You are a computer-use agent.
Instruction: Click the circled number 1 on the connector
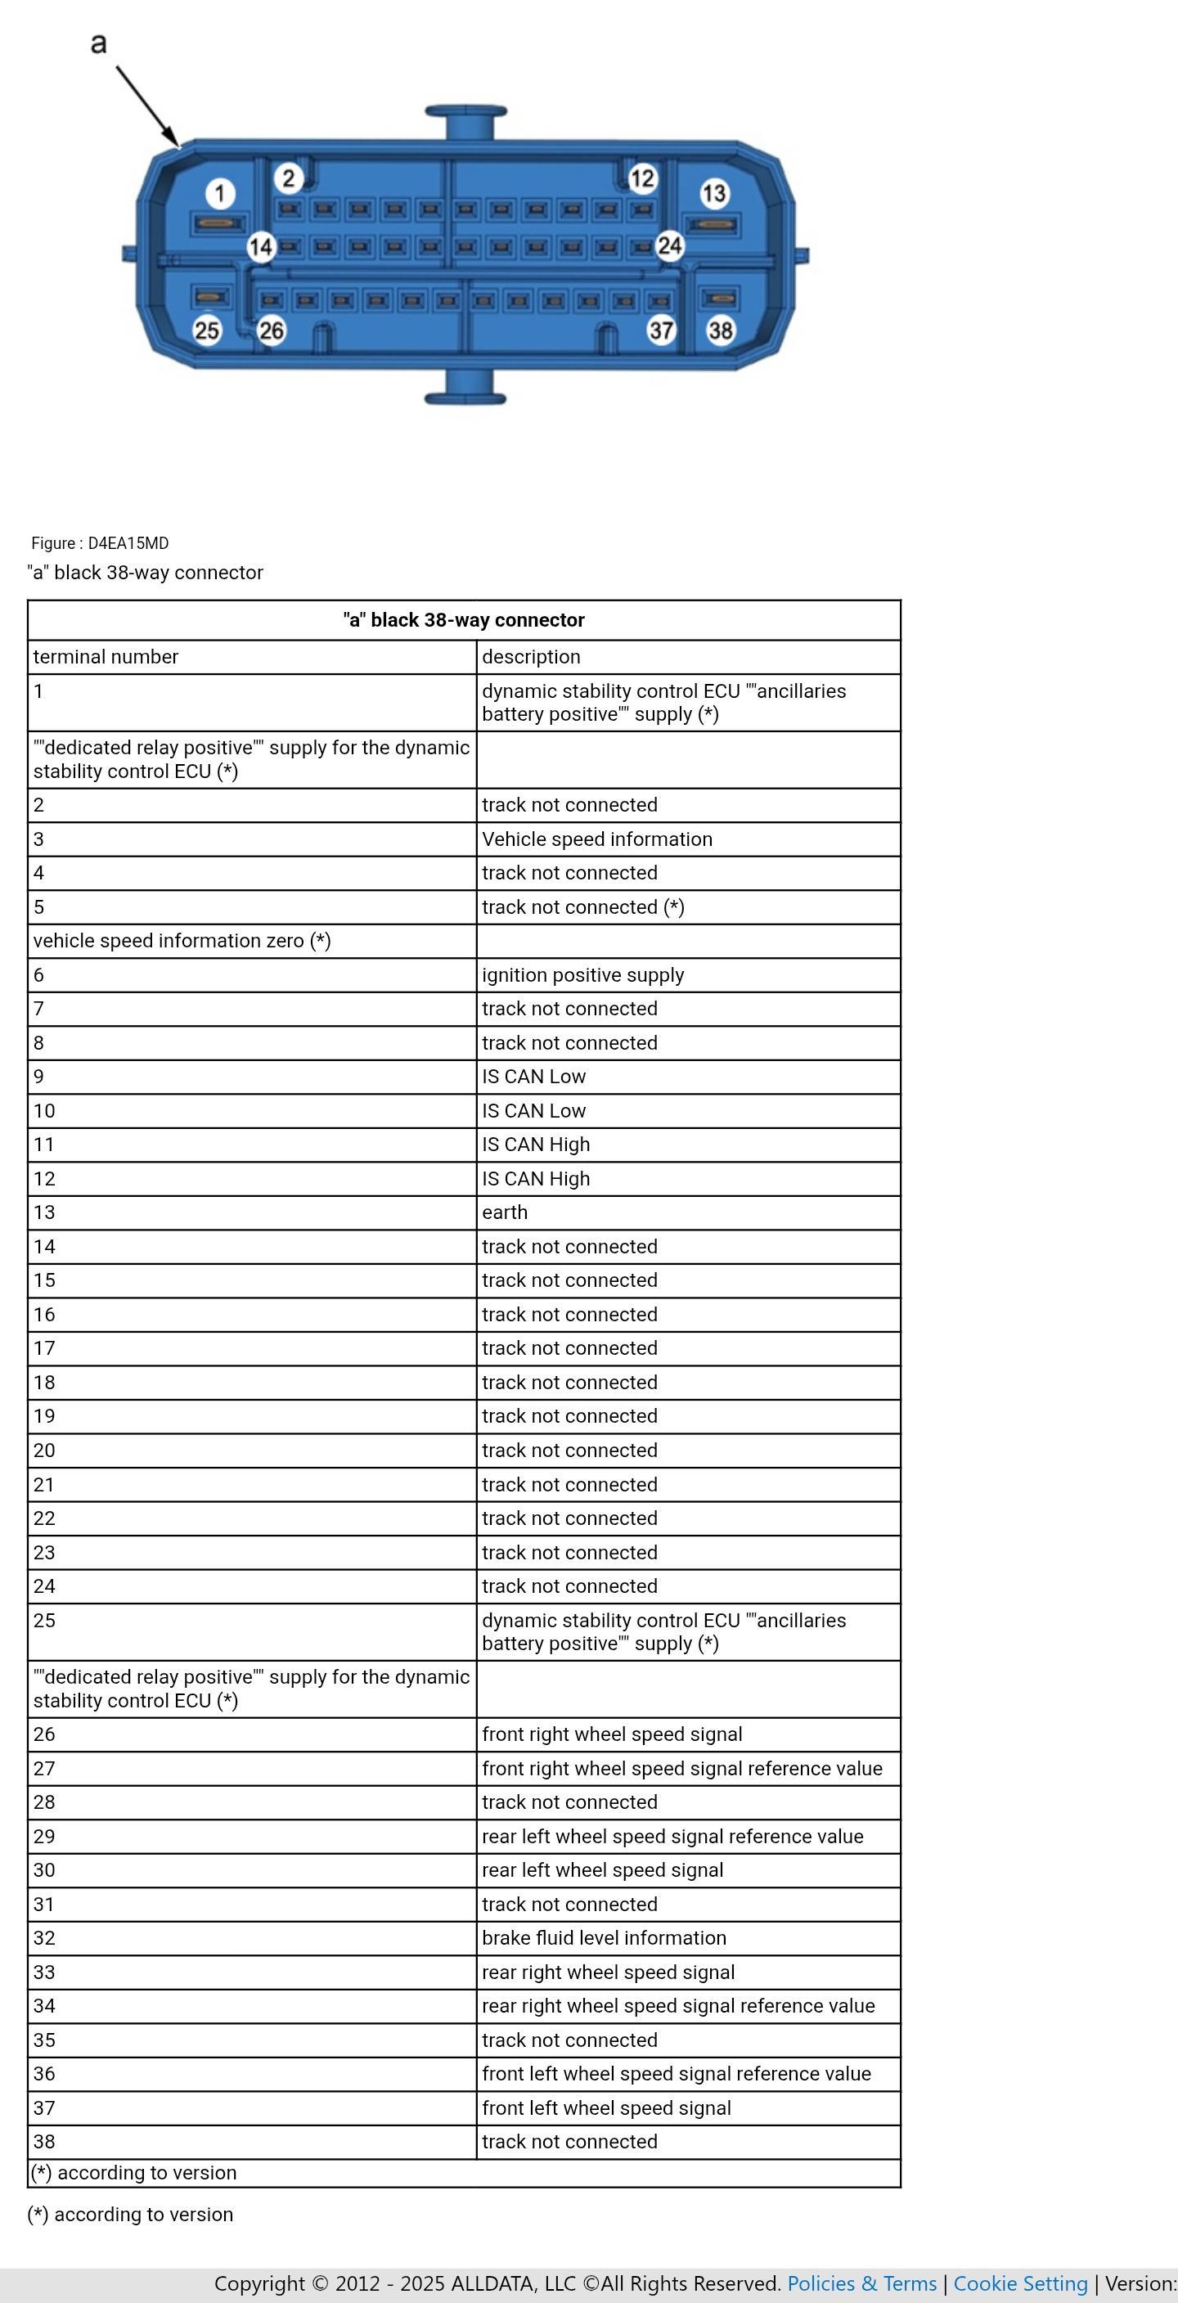tap(220, 193)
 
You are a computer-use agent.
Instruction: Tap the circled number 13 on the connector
tap(714, 193)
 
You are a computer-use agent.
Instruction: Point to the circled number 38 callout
tap(721, 330)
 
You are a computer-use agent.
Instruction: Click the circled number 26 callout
tap(271, 331)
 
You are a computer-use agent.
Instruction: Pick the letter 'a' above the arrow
tap(98, 43)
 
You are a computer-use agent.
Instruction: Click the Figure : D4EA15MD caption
tap(100, 542)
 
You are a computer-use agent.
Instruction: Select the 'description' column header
tap(531, 657)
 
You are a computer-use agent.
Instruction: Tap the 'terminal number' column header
tap(106, 657)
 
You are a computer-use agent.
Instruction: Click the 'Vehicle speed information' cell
tap(597, 839)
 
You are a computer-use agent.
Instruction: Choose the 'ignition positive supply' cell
tap(582, 975)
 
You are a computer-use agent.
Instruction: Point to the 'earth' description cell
tap(505, 1212)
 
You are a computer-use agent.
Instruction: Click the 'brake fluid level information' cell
tap(605, 1938)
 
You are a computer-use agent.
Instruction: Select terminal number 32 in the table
tap(45, 1938)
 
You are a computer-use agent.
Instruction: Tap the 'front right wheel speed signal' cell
tap(612, 1734)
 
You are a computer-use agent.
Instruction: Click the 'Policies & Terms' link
tap(861, 2283)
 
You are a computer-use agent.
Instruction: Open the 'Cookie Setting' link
tap(1021, 2283)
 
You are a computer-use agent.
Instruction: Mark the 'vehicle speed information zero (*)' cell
tap(182, 941)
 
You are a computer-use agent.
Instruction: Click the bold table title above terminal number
tap(464, 620)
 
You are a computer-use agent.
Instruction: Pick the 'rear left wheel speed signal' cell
tap(602, 1870)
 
